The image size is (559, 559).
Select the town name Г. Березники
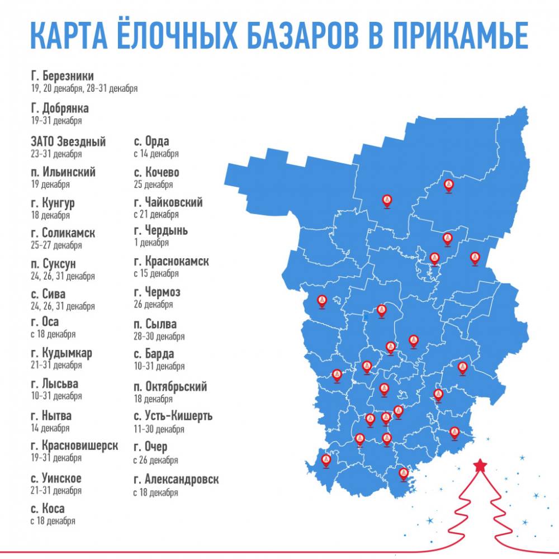tap(63, 76)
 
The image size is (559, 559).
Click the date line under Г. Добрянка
tap(57, 121)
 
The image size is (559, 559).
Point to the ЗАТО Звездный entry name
tap(69, 142)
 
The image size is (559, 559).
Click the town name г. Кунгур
tap(54, 203)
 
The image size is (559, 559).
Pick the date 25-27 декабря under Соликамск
tap(57, 245)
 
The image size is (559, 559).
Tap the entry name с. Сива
tap(49, 294)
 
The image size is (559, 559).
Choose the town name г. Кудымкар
tap(62, 353)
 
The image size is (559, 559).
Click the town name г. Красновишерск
tap(75, 446)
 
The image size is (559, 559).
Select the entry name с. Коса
tap(48, 509)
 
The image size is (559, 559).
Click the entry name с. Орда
tap(151, 141)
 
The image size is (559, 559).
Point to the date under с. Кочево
tap(153, 184)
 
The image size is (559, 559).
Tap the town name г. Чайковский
tap(168, 202)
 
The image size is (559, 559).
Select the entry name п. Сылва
tap(155, 324)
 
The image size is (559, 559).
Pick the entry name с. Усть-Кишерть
tap(173, 416)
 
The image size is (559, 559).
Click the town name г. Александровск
tap(176, 480)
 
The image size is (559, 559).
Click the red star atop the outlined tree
tap(480, 465)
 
